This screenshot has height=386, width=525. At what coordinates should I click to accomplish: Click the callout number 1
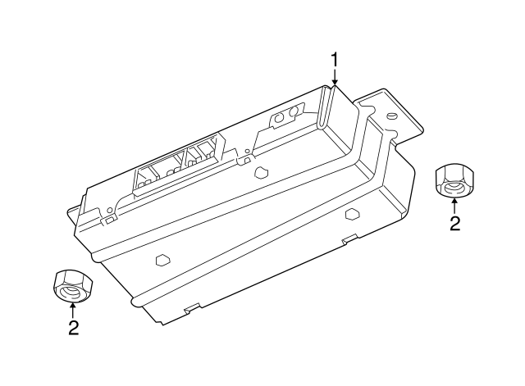coord(334,60)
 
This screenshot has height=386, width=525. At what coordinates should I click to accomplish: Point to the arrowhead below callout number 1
coord(335,82)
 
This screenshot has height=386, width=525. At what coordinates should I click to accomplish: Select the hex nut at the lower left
coord(73,286)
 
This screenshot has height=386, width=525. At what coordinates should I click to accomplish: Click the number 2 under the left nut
coord(73,328)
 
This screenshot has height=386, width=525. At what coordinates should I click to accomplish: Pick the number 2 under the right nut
coord(454,223)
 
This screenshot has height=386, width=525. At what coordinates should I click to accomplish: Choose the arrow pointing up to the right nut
coord(454,206)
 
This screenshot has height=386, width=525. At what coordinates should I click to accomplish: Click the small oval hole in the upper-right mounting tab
coord(391,116)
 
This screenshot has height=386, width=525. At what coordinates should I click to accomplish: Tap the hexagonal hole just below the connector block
coord(261,172)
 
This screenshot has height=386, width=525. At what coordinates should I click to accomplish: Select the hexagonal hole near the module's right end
coord(352,214)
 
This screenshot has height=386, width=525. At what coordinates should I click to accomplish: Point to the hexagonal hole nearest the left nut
coord(163,260)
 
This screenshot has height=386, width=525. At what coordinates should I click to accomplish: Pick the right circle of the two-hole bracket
coord(294,111)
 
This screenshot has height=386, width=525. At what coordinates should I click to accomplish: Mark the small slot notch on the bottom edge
coord(192,307)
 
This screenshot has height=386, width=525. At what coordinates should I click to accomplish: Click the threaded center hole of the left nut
coord(71,293)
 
